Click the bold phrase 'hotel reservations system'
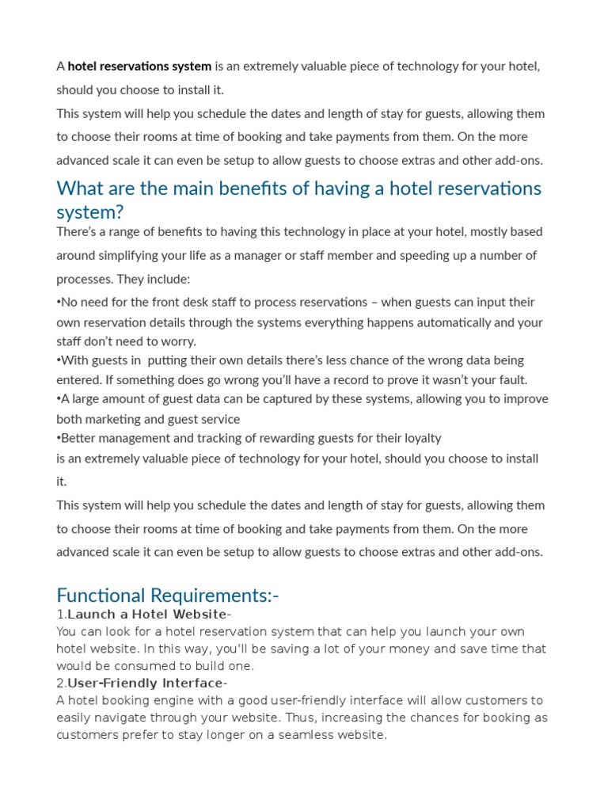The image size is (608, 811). (139, 67)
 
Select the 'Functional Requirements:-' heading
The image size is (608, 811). (168, 595)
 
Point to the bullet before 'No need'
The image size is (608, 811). (59, 303)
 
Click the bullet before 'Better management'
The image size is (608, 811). (59, 439)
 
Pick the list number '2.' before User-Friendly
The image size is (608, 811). (61, 683)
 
